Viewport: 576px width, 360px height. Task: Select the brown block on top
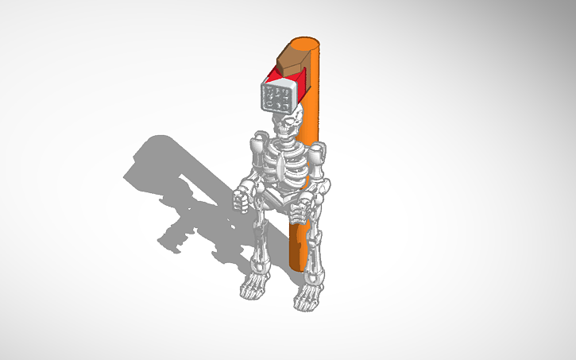coord(294,59)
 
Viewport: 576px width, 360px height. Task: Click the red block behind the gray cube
coord(301,81)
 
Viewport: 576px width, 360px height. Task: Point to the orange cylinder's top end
coord(307,42)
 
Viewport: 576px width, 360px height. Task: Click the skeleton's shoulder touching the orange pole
coord(319,152)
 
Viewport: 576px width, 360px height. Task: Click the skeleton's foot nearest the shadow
coord(254,288)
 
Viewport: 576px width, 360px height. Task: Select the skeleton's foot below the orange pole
coord(307,298)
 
